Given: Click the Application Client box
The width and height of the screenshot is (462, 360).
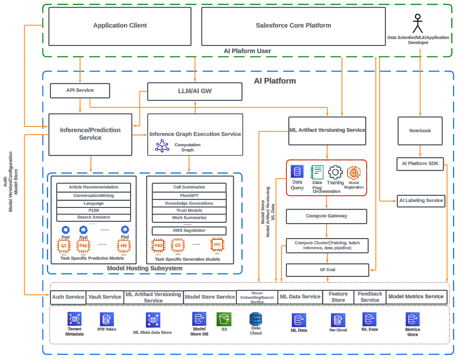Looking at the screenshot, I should coord(120,26).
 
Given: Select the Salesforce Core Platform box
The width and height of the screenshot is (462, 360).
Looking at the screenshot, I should coord(293,26).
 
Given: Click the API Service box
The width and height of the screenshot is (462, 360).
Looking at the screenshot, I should coord(80,90).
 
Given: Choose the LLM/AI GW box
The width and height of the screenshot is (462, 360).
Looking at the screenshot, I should coord(195,91).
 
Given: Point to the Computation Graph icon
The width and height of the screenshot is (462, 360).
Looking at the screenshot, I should coord(162,146).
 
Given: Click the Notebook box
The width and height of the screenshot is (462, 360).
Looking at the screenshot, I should coord(420,131).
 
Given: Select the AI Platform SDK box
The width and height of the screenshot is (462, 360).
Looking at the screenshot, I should coord(420,164).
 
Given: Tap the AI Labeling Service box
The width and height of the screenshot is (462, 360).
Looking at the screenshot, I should coord(421,201).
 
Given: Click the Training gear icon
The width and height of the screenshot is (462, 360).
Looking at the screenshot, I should coord(335,172).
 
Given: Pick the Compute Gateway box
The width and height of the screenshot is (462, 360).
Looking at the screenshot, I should coord(326,216).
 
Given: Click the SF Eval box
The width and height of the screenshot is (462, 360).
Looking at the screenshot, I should coord(327,270).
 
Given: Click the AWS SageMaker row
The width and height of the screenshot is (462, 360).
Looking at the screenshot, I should coord(189,231).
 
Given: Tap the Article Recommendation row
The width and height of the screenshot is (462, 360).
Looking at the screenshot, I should coord(94,187).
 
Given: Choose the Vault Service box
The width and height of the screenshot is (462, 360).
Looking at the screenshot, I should coord(104,297).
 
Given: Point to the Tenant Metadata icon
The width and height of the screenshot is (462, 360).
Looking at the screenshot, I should coord(74,319).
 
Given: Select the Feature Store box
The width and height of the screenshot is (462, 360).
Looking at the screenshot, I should coord(338,297).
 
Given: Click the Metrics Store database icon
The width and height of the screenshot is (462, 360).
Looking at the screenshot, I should coord(412,319).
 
